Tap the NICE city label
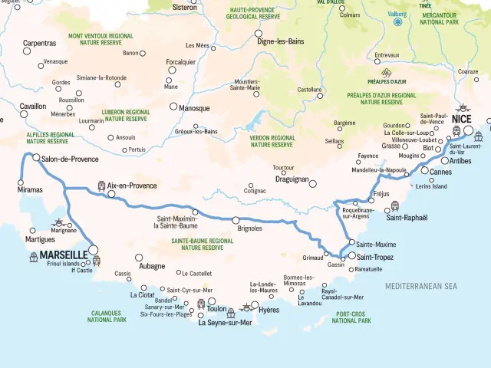462,119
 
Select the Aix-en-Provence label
133,186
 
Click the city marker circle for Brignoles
236,220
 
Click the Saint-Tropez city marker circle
352,256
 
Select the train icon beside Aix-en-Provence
101,186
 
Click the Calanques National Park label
107,316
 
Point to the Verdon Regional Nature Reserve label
272,141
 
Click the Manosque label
194,108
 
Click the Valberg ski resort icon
397,22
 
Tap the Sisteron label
186,8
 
